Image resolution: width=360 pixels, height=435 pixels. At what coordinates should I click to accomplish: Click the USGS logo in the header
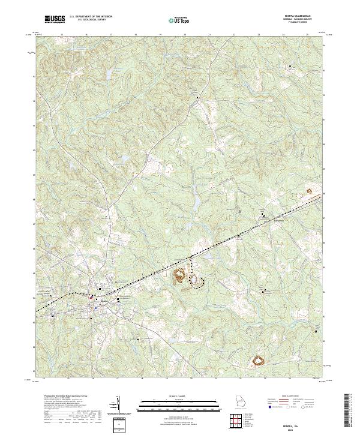click(55, 19)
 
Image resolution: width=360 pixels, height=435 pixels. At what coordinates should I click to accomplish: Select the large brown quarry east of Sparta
click(179, 277)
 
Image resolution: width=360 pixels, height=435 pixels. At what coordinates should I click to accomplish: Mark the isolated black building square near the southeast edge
click(316, 329)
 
